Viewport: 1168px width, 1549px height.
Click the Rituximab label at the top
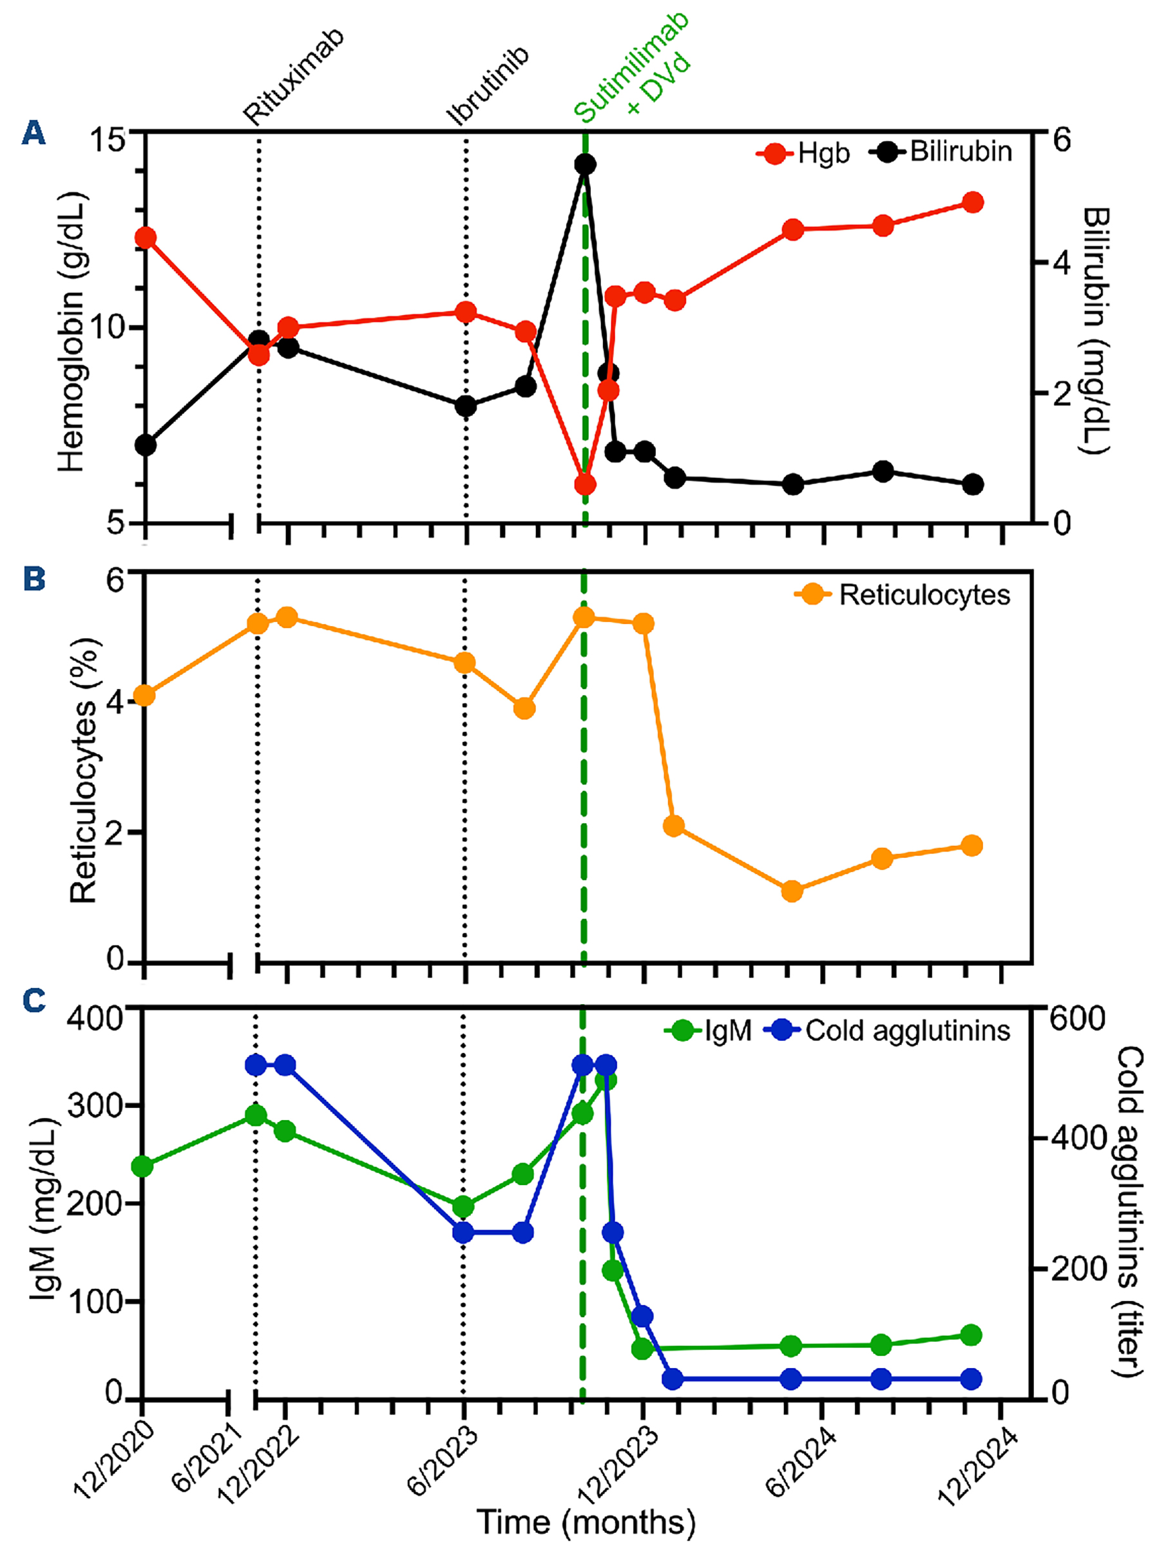pyautogui.click(x=295, y=77)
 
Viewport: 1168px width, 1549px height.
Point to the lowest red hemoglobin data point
pyautogui.click(x=585, y=484)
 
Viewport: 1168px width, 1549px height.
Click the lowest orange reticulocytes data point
pyautogui.click(x=792, y=891)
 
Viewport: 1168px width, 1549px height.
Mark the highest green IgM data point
pyautogui.click(x=606, y=1079)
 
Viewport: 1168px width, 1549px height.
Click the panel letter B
pyautogui.click(x=34, y=580)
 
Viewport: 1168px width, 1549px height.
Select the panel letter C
pyautogui.click(x=34, y=1001)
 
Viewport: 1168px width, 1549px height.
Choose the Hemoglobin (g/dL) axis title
pyautogui.click(x=72, y=332)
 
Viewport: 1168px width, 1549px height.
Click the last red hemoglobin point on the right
pyautogui.click(x=973, y=203)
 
